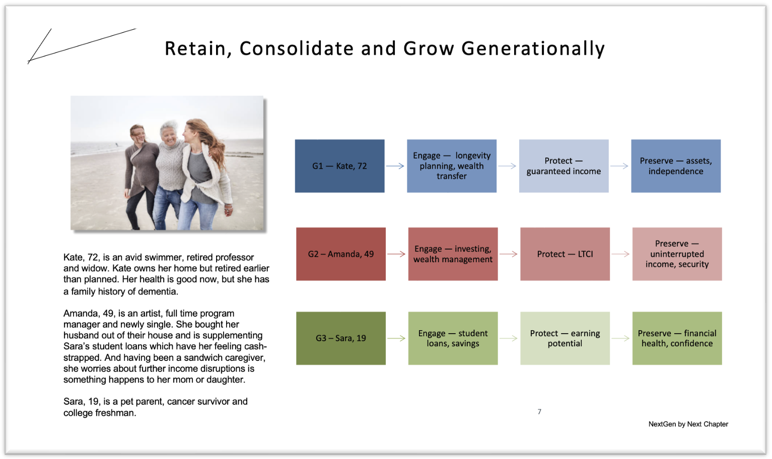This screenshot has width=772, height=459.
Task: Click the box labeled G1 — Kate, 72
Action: [x=339, y=166]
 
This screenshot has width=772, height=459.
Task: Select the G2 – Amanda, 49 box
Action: [x=341, y=254]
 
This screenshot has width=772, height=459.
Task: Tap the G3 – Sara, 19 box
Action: [x=341, y=338]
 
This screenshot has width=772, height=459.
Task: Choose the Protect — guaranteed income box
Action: [x=564, y=166]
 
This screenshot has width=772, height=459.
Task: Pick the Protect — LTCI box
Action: [x=565, y=254]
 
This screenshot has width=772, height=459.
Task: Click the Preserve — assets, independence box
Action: [x=676, y=166]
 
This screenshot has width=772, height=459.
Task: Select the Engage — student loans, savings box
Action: [x=453, y=338]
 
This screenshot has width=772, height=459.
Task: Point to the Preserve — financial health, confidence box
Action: [x=677, y=338]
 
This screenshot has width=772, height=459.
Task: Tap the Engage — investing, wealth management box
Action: [x=453, y=254]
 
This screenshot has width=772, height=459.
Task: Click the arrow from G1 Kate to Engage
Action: [x=395, y=166]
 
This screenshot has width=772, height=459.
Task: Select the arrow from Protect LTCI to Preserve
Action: [x=621, y=254]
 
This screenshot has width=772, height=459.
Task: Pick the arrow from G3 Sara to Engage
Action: [x=396, y=338]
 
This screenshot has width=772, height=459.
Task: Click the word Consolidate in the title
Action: [x=297, y=48]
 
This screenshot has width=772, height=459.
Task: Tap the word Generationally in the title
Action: [x=533, y=49]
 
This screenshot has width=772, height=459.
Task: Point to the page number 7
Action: [x=539, y=412]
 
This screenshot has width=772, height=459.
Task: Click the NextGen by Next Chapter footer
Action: [x=688, y=424]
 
